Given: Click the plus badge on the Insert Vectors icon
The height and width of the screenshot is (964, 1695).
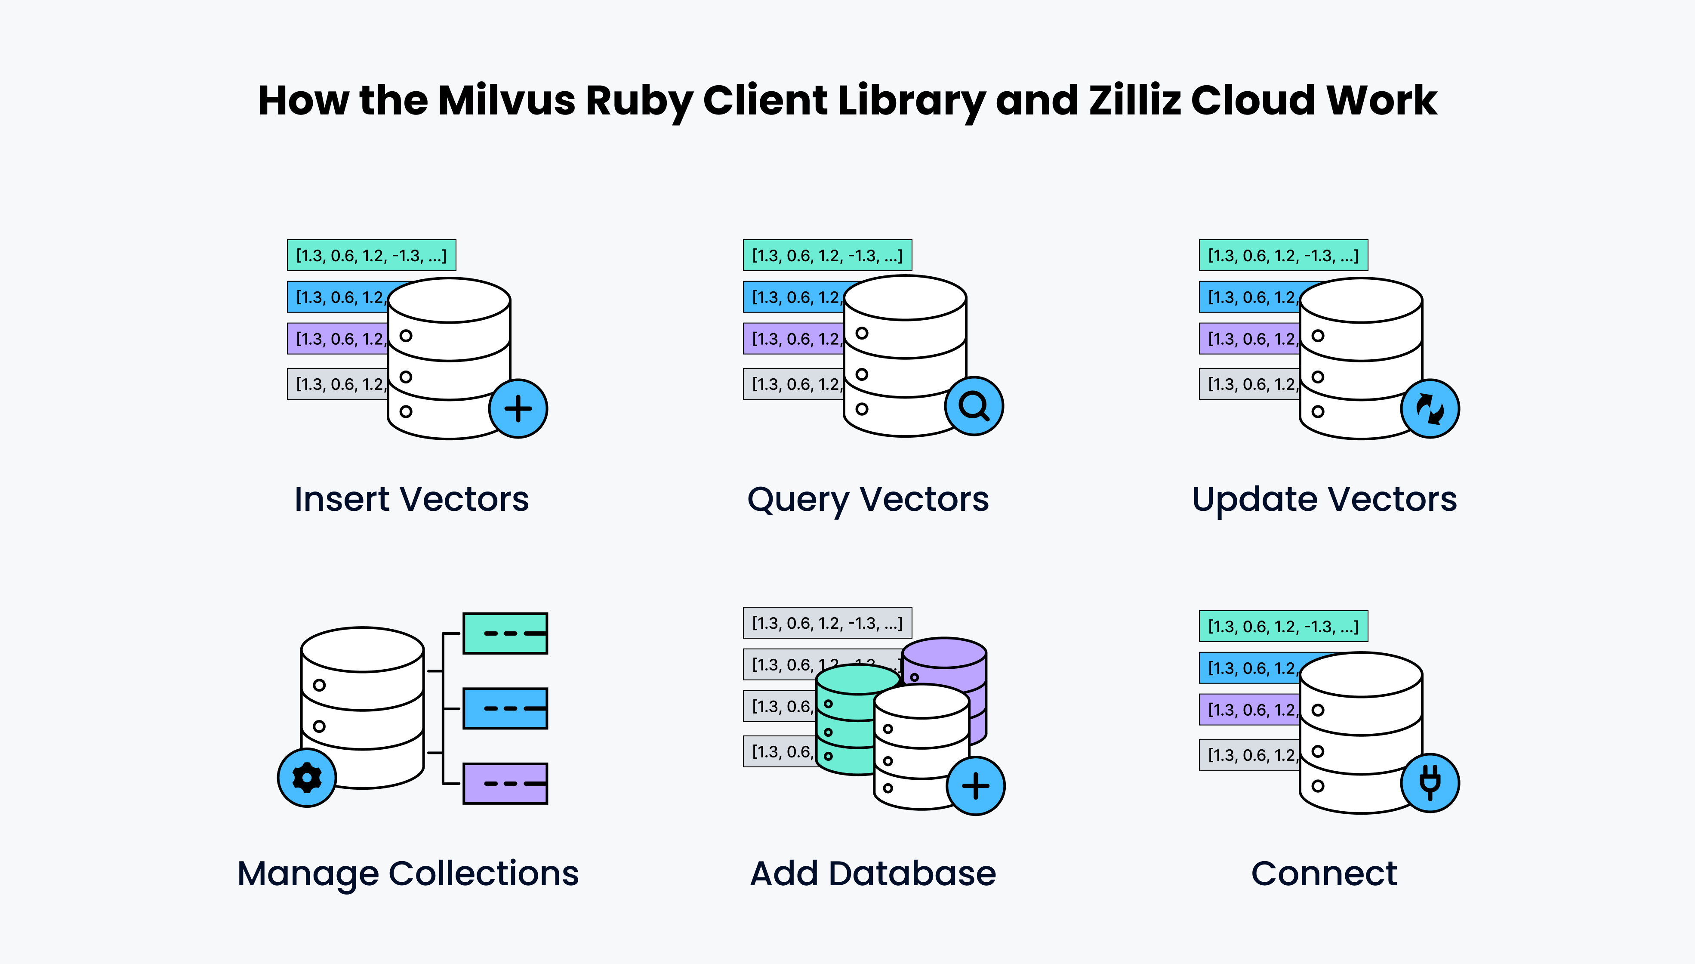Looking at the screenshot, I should pyautogui.click(x=518, y=408).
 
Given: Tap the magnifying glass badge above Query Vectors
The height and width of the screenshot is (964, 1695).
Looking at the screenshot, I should pyautogui.click(x=974, y=406).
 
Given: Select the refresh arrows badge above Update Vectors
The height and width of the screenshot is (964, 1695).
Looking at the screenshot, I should pyautogui.click(x=1430, y=408).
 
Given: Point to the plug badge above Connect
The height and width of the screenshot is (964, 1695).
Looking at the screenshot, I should pyautogui.click(x=1430, y=782).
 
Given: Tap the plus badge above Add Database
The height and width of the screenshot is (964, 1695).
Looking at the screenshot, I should pyautogui.click(x=976, y=786).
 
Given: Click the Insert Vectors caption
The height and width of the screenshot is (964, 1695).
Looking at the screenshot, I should pyautogui.click(x=412, y=499).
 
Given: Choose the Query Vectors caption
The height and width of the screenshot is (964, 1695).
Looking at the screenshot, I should pyautogui.click(x=868, y=499).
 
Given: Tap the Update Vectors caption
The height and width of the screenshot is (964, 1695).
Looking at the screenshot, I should pyautogui.click(x=1324, y=499).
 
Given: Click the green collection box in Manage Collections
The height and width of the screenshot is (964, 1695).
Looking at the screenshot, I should pyautogui.click(x=505, y=633).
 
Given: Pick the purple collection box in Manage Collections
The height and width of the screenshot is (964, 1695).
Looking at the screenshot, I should pyautogui.click(x=505, y=783).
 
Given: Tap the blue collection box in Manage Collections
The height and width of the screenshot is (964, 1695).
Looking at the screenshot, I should pyautogui.click(x=505, y=708).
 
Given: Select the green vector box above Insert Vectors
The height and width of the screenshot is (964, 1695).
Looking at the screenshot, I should pyautogui.click(x=371, y=255).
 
